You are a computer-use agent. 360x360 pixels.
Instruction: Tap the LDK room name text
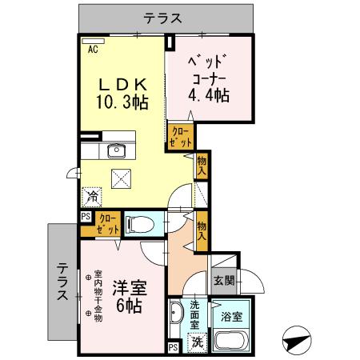[x=122, y=83]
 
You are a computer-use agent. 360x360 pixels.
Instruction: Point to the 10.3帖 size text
[x=122, y=102]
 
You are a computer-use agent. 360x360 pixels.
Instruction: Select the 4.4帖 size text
[x=210, y=96]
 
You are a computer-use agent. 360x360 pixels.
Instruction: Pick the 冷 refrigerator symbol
[x=93, y=194]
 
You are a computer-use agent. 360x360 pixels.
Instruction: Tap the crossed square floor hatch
[x=122, y=180]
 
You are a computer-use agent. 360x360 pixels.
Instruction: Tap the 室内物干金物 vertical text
[x=98, y=294]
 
